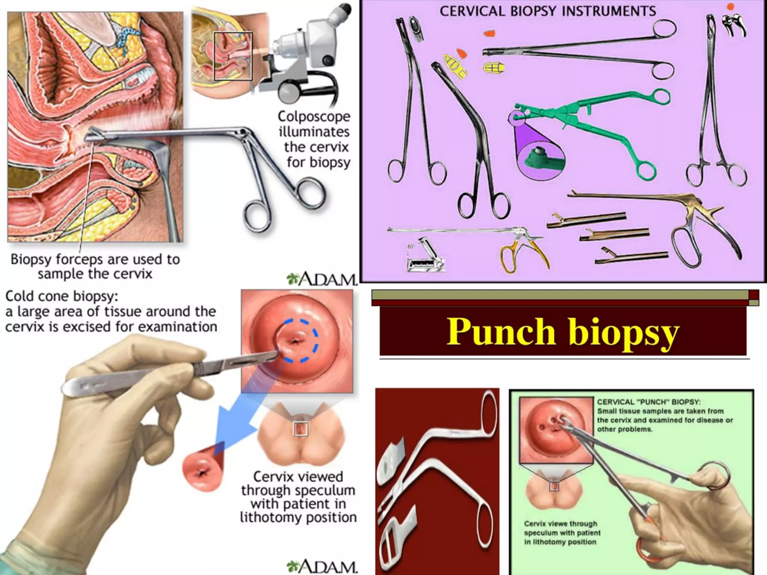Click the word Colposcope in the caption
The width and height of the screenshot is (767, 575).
tap(314, 117)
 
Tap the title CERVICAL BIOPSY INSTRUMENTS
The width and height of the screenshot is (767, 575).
tap(548, 11)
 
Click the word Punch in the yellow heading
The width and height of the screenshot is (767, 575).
tap(501, 332)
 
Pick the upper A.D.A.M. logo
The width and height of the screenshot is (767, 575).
tap(322, 279)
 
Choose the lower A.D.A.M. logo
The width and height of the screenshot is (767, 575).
tap(322, 566)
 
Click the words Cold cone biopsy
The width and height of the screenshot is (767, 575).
tap(62, 296)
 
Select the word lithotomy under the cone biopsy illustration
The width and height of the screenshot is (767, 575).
tap(272, 518)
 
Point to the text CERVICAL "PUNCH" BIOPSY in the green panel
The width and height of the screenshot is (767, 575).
tap(648, 402)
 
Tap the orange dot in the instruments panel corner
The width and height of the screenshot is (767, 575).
tap(731, 7)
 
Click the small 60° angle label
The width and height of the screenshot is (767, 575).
tap(411, 246)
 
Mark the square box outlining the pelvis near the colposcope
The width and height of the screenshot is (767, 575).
tap(233, 56)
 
